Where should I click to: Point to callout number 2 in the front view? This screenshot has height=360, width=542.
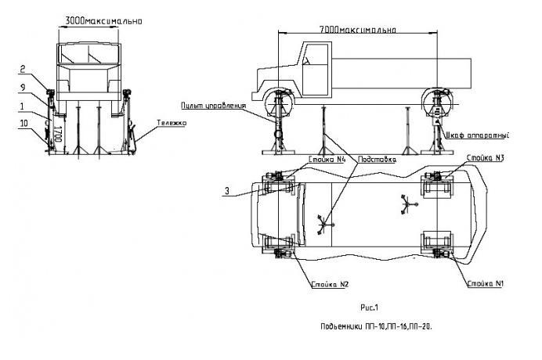click(23, 67)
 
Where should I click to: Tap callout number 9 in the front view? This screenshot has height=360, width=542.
click(23, 86)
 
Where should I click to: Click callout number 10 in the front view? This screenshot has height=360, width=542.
click(23, 122)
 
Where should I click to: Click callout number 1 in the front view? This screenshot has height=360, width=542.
click(23, 104)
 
